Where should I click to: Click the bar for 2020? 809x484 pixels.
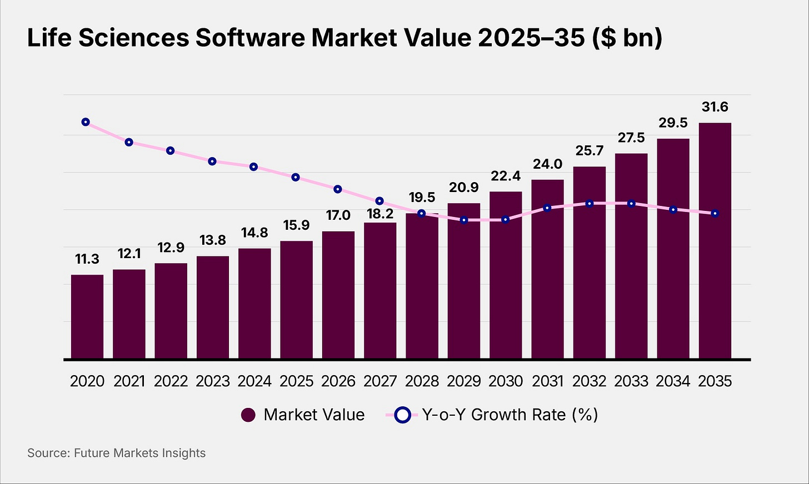[87, 316]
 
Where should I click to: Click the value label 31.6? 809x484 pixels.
[715, 107]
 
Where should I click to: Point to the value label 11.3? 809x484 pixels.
[87, 259]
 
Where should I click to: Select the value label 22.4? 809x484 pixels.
[506, 176]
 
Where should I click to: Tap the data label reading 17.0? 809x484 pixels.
[338, 215]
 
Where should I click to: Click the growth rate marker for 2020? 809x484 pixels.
[86, 122]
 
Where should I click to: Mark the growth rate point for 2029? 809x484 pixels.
[464, 220]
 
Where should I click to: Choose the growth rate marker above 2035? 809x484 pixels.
[715, 213]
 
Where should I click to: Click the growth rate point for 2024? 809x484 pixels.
[253, 167]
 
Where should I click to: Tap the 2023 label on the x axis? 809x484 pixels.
[213, 381]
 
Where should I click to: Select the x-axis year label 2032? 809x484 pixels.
[590, 381]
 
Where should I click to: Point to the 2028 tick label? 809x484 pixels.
[422, 381]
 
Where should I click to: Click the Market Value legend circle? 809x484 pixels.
[248, 415]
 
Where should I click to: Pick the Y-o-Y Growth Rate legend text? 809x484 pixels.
[510, 415]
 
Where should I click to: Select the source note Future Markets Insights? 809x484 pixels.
[139, 453]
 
